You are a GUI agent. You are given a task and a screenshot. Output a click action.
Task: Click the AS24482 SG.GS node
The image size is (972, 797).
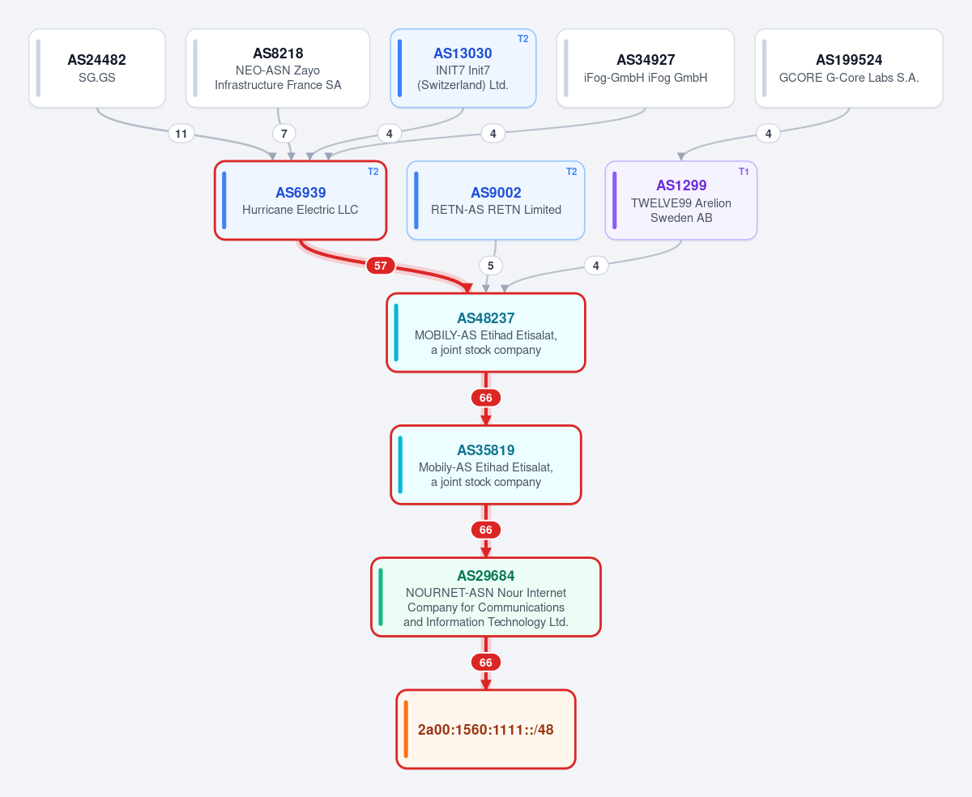click(96, 68)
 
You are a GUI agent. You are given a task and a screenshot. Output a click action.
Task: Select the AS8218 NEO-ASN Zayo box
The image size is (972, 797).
click(278, 68)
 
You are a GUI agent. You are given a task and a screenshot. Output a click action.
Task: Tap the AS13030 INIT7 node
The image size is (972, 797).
click(463, 68)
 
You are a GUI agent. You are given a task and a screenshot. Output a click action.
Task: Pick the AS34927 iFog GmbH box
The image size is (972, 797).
click(646, 68)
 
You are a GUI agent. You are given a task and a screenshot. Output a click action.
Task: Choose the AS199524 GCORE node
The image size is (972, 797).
click(849, 68)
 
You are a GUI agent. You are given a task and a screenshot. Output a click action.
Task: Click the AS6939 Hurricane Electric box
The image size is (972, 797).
click(300, 201)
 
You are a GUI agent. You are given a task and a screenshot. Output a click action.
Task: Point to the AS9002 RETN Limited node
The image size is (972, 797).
click(496, 201)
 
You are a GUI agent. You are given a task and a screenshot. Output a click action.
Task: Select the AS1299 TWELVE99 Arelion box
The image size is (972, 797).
click(680, 201)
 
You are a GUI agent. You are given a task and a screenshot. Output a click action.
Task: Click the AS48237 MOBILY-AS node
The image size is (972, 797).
click(486, 333)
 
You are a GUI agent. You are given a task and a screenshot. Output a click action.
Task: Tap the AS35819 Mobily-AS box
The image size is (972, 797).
click(486, 465)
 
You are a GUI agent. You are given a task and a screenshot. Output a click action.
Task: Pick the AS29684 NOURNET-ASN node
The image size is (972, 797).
click(486, 597)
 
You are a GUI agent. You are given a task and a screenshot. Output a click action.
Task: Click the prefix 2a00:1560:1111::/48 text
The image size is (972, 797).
click(486, 730)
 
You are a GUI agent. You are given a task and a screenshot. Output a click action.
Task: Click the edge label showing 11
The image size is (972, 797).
click(181, 134)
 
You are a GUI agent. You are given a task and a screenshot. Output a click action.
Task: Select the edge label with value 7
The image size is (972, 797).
click(283, 134)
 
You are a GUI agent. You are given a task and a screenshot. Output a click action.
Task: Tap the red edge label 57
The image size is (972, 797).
click(380, 266)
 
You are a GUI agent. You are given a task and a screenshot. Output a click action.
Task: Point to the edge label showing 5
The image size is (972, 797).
click(490, 266)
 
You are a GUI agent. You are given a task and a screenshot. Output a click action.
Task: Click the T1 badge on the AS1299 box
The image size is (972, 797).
click(744, 172)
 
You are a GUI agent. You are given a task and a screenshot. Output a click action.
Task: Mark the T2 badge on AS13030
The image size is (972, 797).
click(522, 39)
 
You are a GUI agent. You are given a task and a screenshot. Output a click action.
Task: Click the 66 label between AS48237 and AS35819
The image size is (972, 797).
click(486, 398)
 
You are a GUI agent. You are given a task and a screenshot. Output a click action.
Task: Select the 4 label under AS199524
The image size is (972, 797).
click(769, 134)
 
